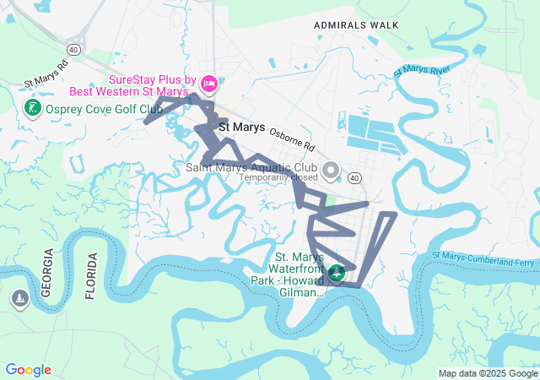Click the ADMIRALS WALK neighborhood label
point(356,25)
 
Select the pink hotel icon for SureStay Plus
point(209,83)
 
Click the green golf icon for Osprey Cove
point(32,108)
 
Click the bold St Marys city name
point(241,128)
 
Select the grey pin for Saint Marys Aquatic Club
point(331,171)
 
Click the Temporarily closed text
point(278,178)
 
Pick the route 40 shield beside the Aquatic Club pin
point(355,178)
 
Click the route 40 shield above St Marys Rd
point(74,50)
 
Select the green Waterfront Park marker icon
point(337,273)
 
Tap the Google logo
point(28,370)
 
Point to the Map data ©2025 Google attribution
point(488,373)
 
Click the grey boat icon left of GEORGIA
point(19,299)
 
